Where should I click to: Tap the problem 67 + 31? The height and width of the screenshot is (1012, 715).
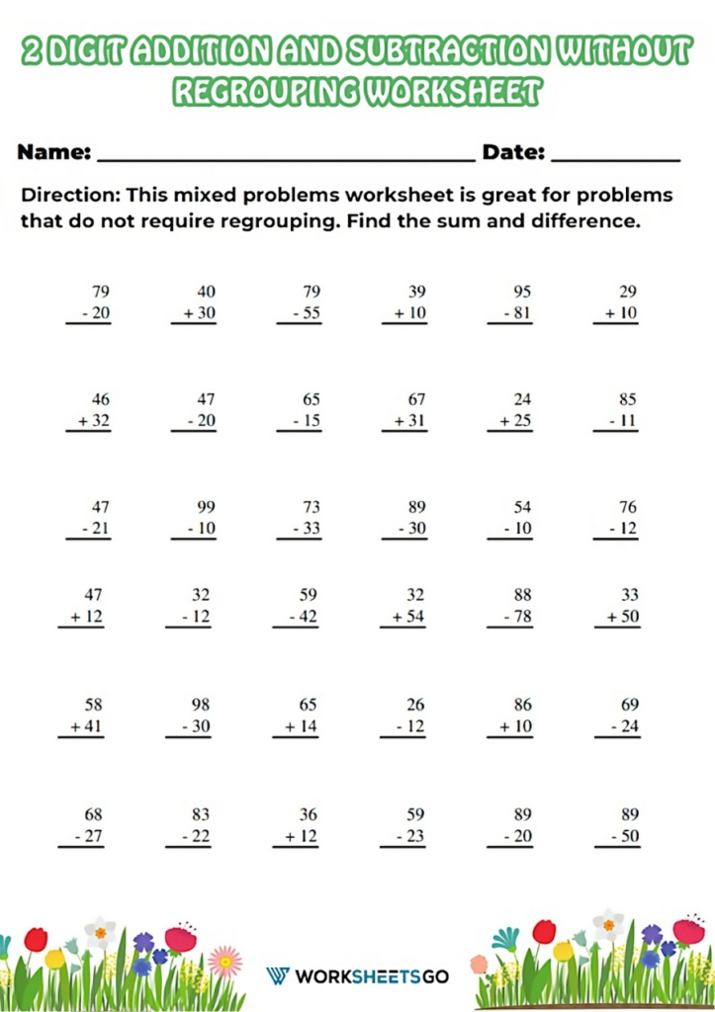tap(408, 411)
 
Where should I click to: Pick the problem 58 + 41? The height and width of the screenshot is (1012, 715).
tap(87, 716)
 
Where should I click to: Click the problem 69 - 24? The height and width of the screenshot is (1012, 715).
tap(619, 716)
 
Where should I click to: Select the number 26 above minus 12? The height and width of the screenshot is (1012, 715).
tap(416, 705)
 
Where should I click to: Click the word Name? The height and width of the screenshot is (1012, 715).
tap(55, 153)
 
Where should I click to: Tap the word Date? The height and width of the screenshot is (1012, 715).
tap(513, 153)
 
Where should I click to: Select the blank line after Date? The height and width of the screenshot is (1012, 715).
tap(615, 160)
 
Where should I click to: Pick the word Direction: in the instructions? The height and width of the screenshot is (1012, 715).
tap(70, 195)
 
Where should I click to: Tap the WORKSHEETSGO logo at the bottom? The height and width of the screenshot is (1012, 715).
tap(357, 976)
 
